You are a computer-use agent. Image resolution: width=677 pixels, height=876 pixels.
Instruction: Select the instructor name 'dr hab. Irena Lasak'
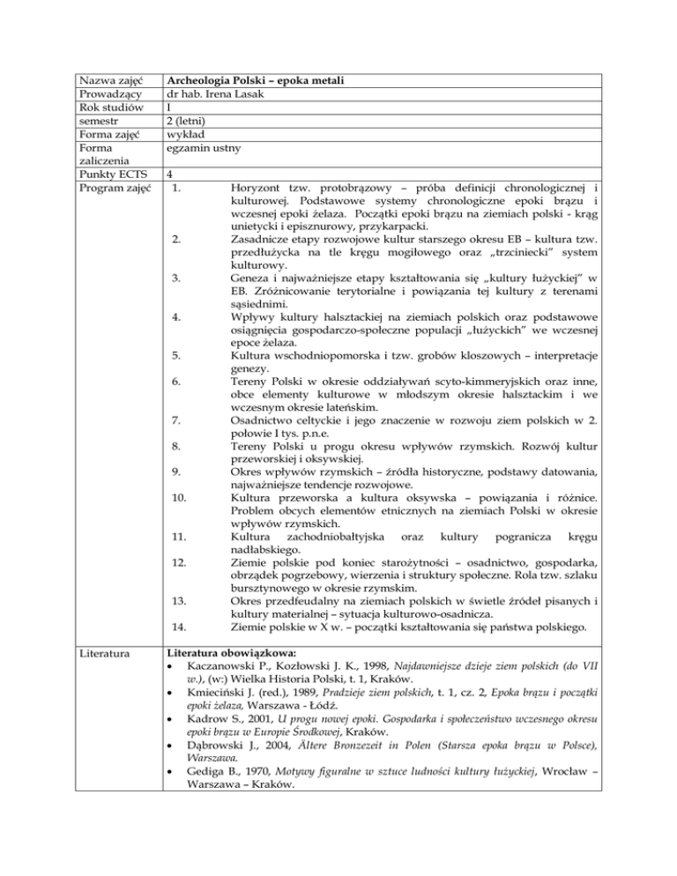(x=216, y=96)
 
